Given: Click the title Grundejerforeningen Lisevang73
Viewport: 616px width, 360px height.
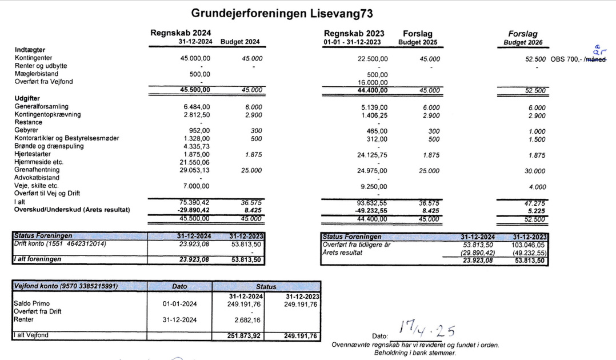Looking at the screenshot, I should (282, 13).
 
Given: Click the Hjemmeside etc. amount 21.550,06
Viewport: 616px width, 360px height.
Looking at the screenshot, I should (194, 162).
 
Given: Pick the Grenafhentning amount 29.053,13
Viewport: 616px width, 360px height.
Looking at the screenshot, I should (194, 170).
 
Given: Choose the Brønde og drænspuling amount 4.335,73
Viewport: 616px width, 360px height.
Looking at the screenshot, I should (196, 146).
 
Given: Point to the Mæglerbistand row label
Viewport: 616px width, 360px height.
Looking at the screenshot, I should (37, 74).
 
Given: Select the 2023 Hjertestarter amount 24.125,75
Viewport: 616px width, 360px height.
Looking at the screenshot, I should (371, 155).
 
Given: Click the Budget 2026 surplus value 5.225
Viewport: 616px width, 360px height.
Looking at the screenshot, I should (537, 210).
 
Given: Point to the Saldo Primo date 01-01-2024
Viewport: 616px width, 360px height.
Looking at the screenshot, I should (180, 304).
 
